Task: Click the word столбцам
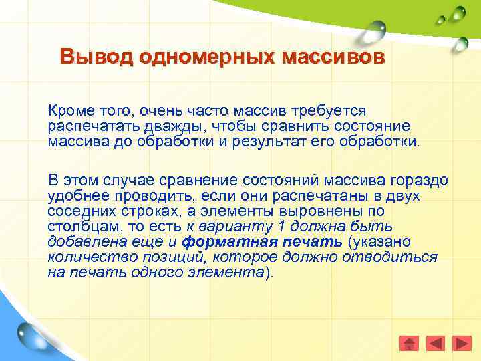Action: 78,227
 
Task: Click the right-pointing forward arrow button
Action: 462,343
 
